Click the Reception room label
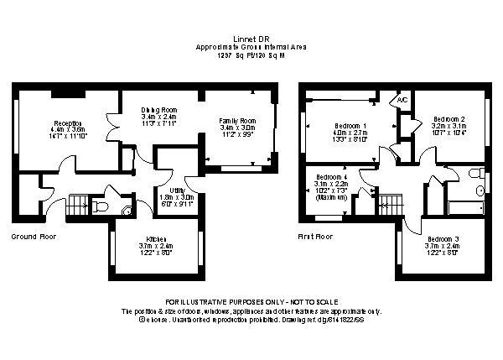(66, 123)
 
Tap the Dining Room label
(158, 110)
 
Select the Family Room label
(236, 122)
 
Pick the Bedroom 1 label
(351, 125)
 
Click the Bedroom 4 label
(332, 177)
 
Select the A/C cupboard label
(402, 100)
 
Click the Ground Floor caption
(34, 237)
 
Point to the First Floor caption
(315, 237)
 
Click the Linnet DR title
(251, 39)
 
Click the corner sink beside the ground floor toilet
(126, 211)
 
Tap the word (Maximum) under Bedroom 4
(331, 198)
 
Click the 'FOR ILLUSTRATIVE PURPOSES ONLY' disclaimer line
(251, 301)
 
